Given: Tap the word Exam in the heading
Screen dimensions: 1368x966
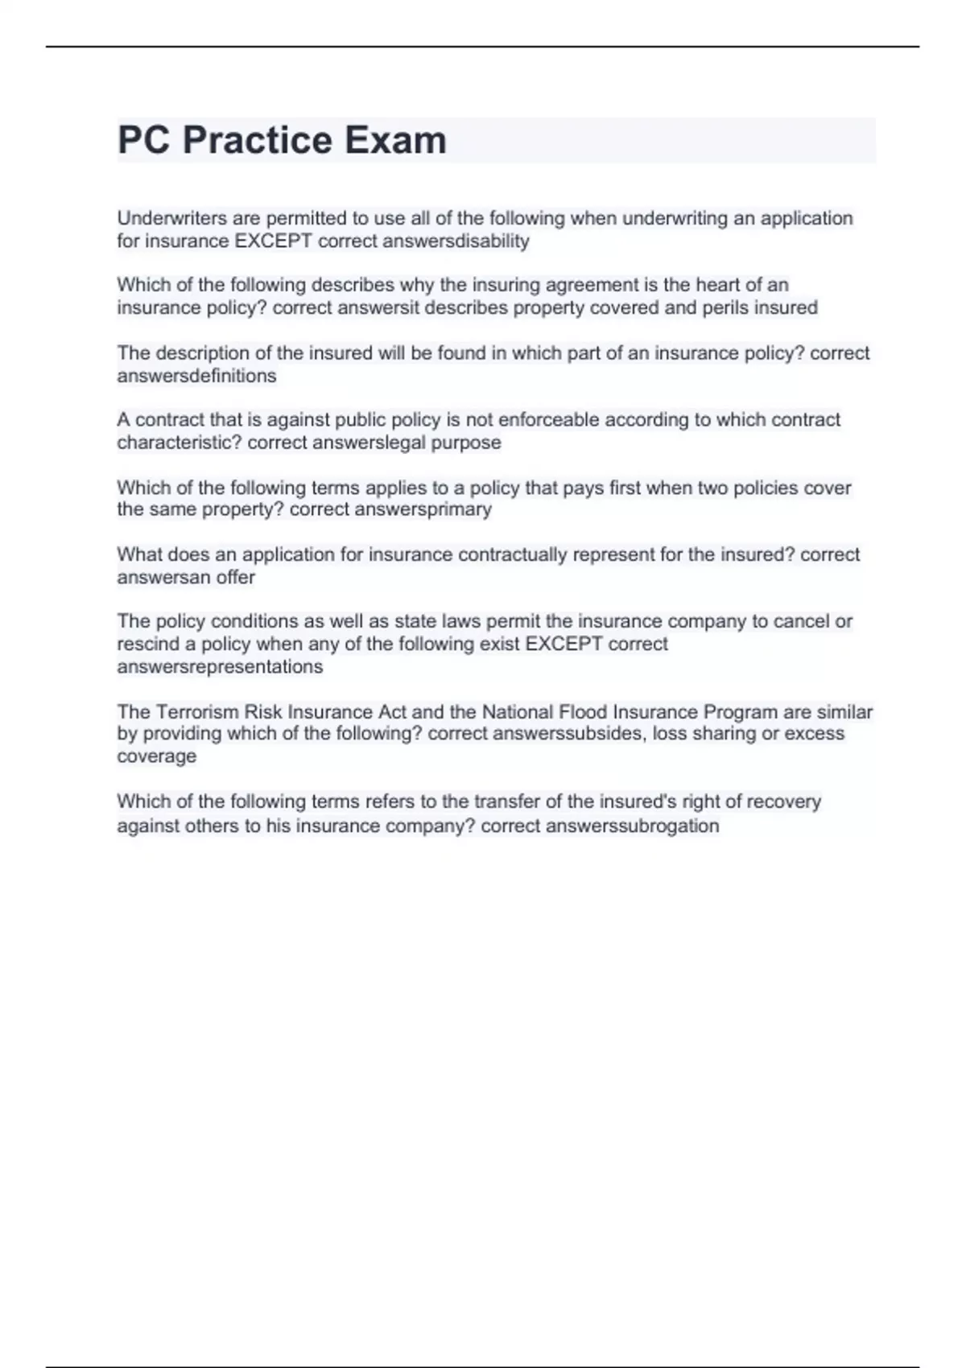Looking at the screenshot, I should (x=395, y=141).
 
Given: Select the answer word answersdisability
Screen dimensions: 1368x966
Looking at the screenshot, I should (x=456, y=241).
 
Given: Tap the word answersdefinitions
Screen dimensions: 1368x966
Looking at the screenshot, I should (x=196, y=376).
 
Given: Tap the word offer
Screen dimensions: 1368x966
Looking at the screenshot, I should (x=235, y=577).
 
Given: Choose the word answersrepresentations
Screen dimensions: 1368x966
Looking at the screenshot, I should (x=220, y=666).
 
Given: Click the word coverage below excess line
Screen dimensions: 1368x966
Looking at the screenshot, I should (x=157, y=756).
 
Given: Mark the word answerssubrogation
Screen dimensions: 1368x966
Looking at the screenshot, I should (x=632, y=826).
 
